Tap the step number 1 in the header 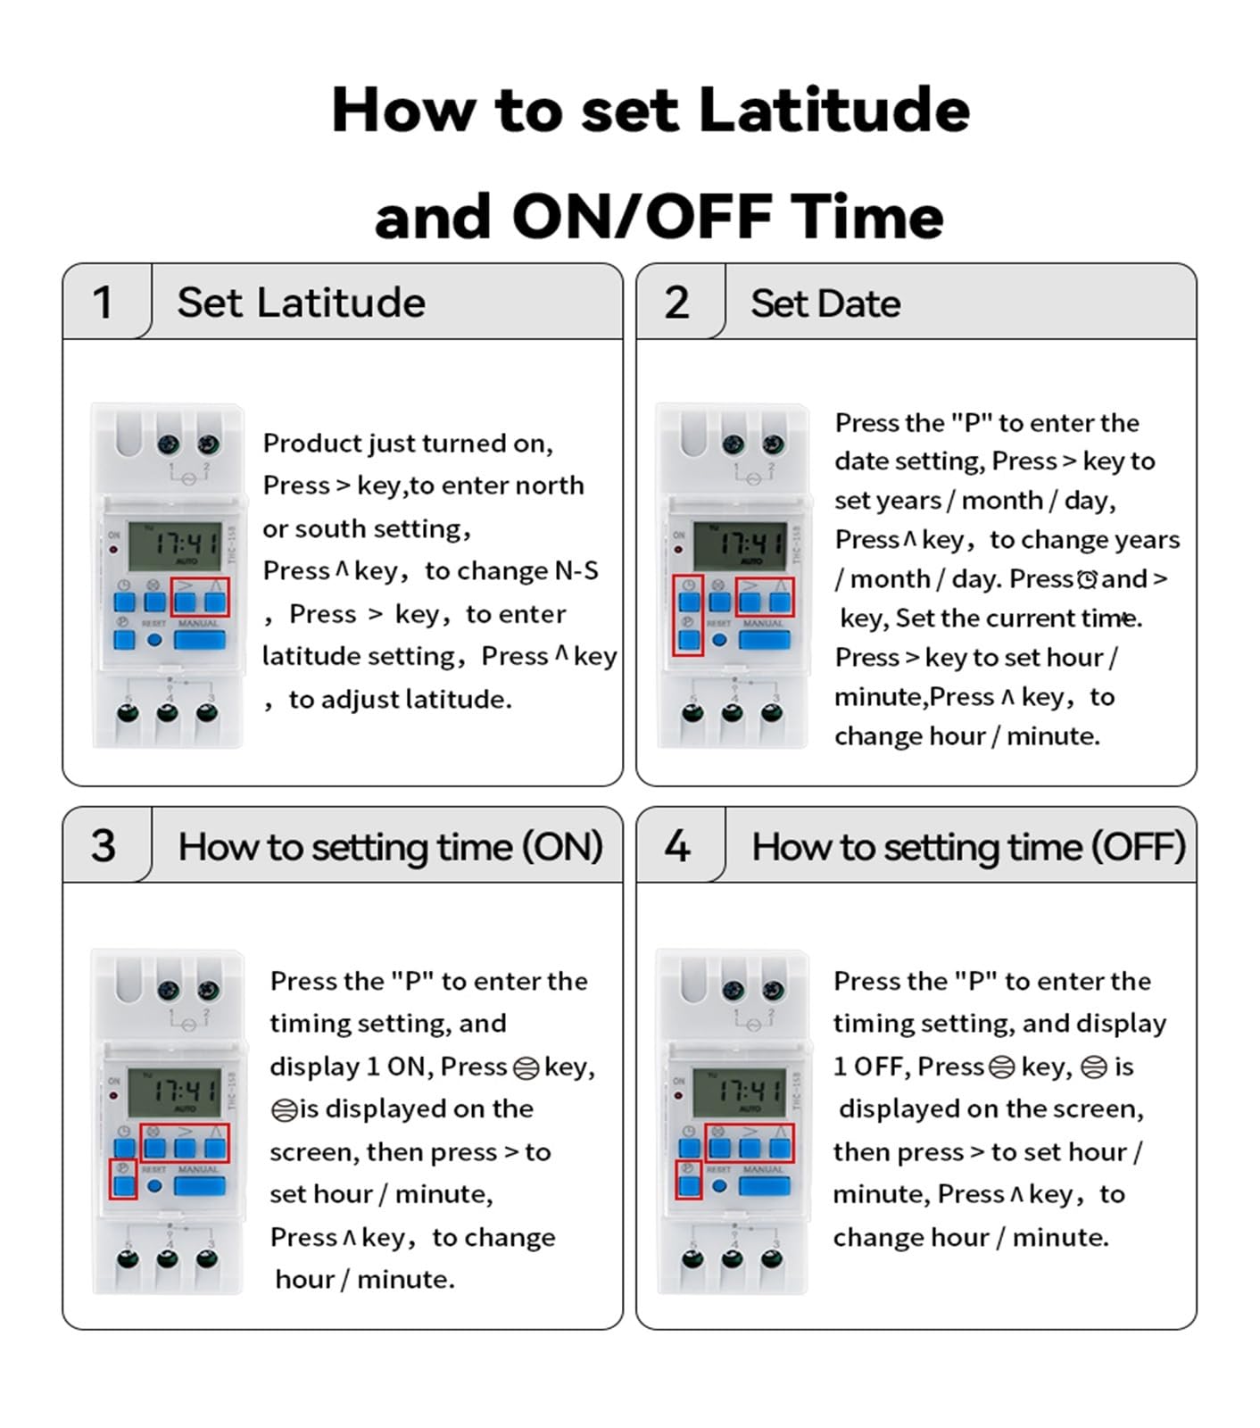[103, 302]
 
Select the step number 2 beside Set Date [676, 302]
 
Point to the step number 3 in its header [104, 845]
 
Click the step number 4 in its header [677, 845]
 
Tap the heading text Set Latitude [301, 302]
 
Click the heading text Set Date [825, 303]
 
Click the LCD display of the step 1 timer [175, 546]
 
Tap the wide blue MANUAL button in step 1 [199, 639]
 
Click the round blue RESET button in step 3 [154, 1186]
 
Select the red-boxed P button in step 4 [688, 1185]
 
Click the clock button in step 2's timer [688, 600]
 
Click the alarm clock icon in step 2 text [1087, 580]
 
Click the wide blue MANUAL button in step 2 [764, 639]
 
